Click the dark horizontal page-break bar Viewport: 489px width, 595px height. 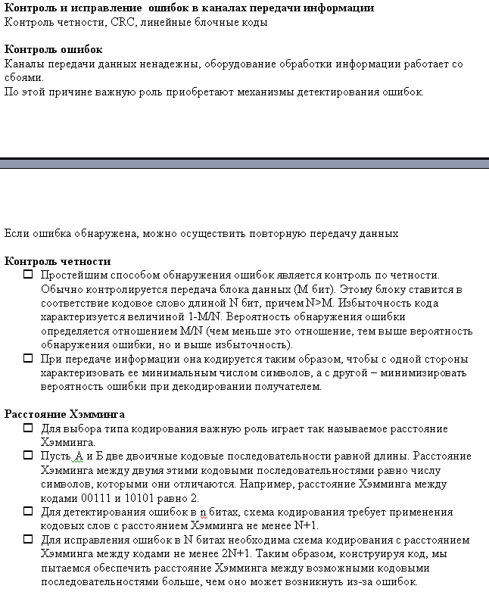[244, 164]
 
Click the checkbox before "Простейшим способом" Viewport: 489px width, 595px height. [28, 275]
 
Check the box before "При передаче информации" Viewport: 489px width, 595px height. [28, 359]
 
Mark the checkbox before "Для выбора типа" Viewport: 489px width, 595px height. [28, 428]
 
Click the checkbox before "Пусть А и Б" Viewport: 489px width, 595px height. [28, 456]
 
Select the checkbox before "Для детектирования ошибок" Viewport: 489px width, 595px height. [28, 512]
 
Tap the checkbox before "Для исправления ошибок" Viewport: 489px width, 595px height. [28, 540]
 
